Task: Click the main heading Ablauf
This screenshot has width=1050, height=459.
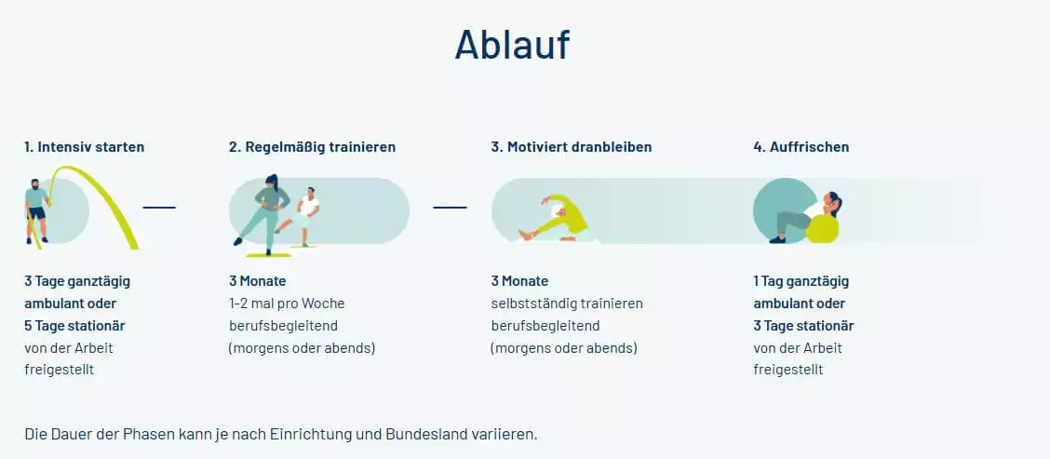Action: coord(511,45)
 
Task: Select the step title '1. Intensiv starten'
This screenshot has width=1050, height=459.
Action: coord(85,147)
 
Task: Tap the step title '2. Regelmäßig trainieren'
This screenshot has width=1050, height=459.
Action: coord(312,147)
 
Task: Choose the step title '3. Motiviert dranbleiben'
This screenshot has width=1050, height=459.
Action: coord(572,147)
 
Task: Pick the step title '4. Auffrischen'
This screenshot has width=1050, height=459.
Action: coord(801,147)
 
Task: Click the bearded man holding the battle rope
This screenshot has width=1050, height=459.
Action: coord(36,209)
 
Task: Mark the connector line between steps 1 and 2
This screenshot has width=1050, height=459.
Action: coord(159,207)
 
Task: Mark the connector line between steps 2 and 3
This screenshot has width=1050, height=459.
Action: coord(450,207)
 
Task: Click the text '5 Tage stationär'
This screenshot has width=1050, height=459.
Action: coord(74,326)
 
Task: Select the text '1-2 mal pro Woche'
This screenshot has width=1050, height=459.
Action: coord(287,304)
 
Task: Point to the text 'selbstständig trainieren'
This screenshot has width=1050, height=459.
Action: coord(567,304)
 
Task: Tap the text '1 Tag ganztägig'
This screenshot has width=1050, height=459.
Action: coord(801,281)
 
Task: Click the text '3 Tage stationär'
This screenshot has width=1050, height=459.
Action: coord(803,326)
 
